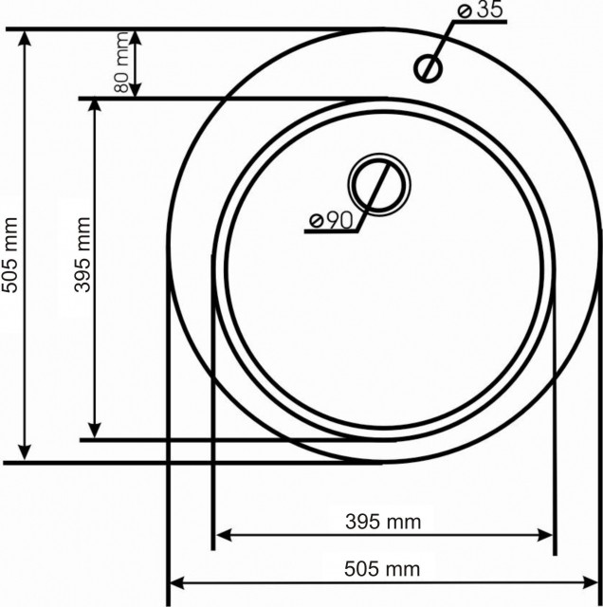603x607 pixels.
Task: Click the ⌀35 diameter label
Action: pyautogui.click(x=479, y=12)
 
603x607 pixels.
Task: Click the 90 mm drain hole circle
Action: pyautogui.click(x=378, y=184)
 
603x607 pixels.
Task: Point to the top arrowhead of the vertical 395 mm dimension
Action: pyautogui.click(x=94, y=105)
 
